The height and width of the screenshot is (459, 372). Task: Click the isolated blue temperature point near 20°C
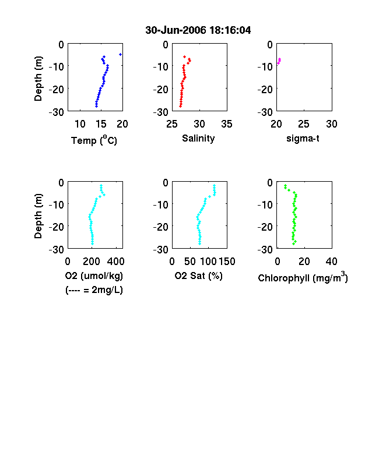click(120, 54)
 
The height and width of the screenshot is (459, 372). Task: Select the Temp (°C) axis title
click(94, 140)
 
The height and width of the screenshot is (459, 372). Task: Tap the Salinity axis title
click(198, 139)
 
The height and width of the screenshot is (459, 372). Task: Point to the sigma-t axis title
click(303, 139)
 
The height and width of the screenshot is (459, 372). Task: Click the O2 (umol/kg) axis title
click(94, 276)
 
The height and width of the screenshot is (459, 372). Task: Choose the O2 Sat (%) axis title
click(199, 276)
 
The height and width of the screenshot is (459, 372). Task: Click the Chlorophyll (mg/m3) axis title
click(303, 277)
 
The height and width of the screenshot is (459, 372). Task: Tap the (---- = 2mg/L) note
click(94, 290)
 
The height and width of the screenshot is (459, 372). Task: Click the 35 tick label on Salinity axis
click(227, 124)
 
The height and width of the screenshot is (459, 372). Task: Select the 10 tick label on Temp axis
click(80, 124)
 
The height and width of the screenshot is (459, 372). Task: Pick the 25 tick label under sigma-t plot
click(304, 124)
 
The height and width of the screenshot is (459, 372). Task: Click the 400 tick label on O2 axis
click(115, 262)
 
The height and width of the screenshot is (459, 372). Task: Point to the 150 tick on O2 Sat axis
click(227, 262)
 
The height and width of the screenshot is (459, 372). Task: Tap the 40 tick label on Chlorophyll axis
click(332, 262)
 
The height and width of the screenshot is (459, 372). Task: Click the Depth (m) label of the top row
click(38, 79)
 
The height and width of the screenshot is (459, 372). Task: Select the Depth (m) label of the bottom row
click(38, 216)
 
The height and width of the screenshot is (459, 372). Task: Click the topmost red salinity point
click(184, 57)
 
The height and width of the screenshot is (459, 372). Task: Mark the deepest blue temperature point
click(96, 106)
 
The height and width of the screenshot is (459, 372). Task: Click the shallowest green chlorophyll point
click(285, 186)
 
